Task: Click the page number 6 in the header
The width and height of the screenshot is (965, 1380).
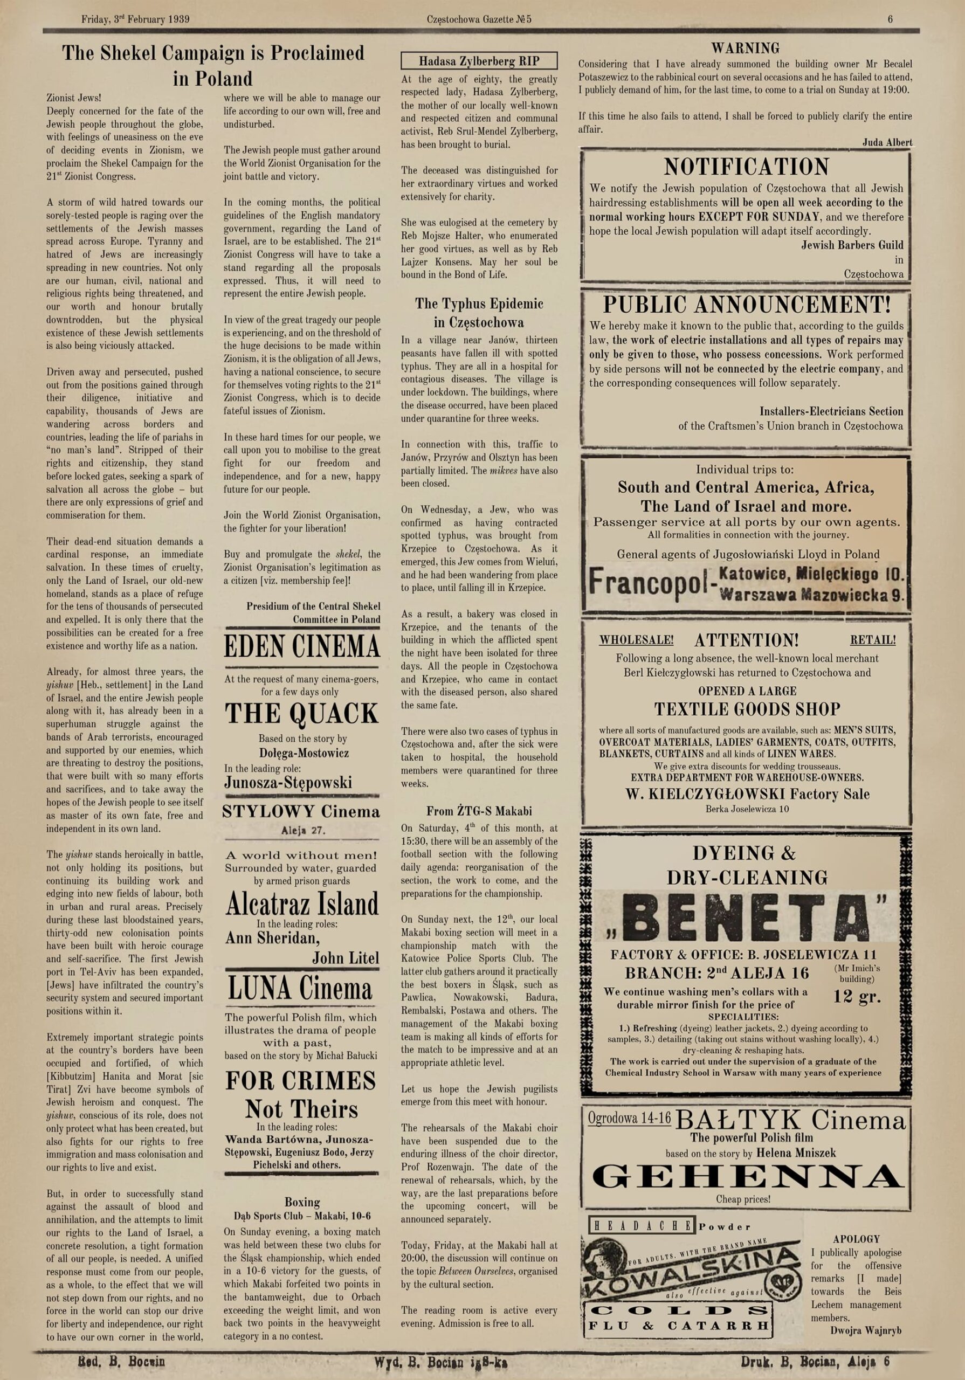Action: click(x=890, y=19)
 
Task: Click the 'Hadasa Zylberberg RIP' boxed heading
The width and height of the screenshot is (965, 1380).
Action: click(x=479, y=61)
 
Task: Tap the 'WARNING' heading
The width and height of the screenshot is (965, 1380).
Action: click(x=745, y=48)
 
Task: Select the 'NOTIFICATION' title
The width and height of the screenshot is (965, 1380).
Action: click(x=746, y=166)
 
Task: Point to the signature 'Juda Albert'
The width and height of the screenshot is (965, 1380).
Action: click(x=887, y=142)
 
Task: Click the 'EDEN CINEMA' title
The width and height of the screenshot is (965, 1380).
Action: click(x=302, y=647)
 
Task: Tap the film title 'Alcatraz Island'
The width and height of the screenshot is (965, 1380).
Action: click(x=302, y=904)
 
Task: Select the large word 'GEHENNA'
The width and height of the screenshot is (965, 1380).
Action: click(x=747, y=1176)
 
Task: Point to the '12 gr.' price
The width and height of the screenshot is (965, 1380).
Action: click(x=857, y=996)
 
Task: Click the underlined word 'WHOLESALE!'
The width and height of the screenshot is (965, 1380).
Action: click(x=636, y=639)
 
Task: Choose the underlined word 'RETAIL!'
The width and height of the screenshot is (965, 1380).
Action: click(x=872, y=639)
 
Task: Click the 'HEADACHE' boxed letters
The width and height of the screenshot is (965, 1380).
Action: click(x=642, y=1227)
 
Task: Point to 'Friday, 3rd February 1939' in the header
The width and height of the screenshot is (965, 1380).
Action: click(x=135, y=19)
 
